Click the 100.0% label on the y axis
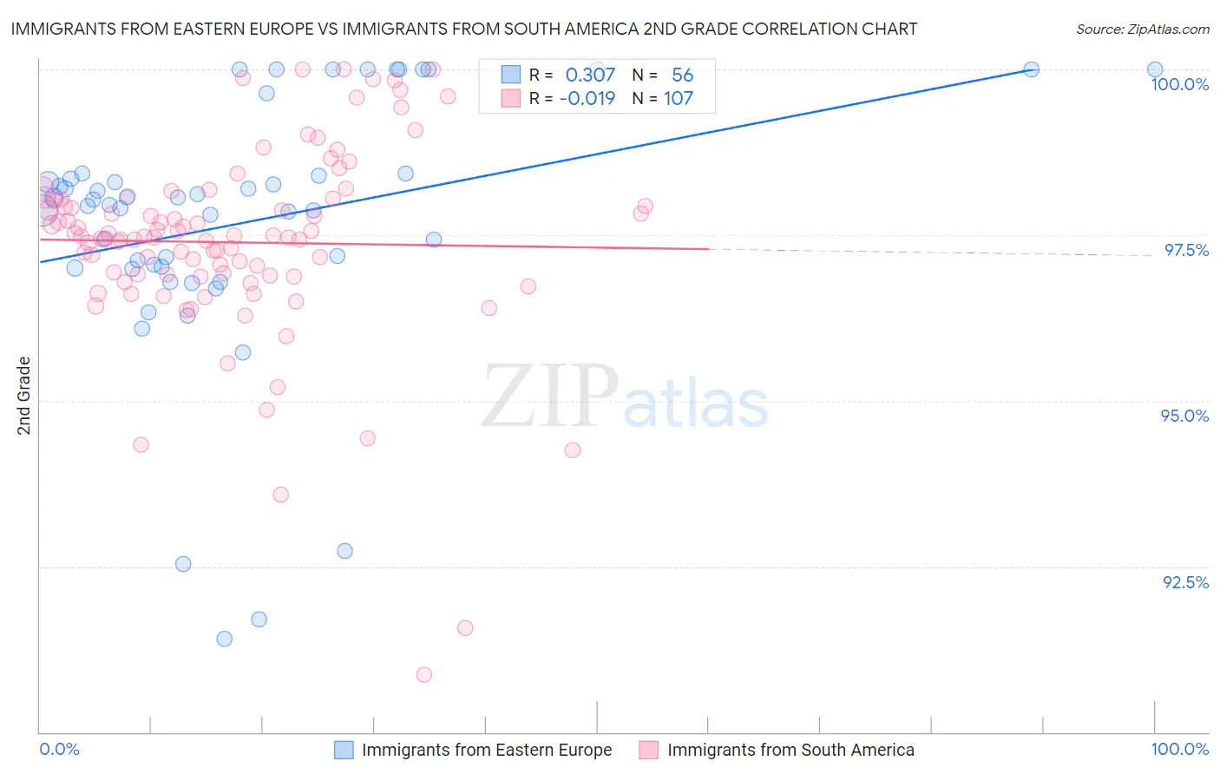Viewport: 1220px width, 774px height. pyautogui.click(x=1179, y=84)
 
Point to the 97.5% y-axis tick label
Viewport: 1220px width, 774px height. pyautogui.click(x=1185, y=250)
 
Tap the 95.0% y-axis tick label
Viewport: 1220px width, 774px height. pyautogui.click(x=1184, y=416)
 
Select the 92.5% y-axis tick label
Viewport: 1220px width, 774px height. pyautogui.click(x=1185, y=582)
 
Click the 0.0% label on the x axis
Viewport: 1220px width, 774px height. pyautogui.click(x=59, y=749)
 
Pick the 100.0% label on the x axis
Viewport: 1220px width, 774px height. pyautogui.click(x=1179, y=749)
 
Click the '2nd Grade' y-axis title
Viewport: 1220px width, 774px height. pyautogui.click(x=24, y=396)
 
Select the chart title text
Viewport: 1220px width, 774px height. pyautogui.click(x=463, y=29)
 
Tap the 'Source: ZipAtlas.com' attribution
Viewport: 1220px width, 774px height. pyautogui.click(x=1142, y=29)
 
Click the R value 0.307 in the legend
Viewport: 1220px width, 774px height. pyautogui.click(x=590, y=75)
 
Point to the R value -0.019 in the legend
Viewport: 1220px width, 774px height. pyautogui.click(x=587, y=98)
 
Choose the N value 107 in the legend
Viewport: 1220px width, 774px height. pyautogui.click(x=679, y=98)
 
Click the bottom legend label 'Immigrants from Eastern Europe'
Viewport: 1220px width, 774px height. pyautogui.click(x=487, y=750)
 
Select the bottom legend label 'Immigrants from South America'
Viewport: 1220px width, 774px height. pyautogui.click(x=790, y=750)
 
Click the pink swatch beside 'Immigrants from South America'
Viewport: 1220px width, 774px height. pyautogui.click(x=649, y=750)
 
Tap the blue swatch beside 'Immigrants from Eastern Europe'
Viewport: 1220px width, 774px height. pyautogui.click(x=344, y=750)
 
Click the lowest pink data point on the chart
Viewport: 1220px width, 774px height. pyautogui.click(x=423, y=674)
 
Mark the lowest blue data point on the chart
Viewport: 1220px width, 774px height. pyautogui.click(x=224, y=639)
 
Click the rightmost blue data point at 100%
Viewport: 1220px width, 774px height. pyautogui.click(x=1154, y=69)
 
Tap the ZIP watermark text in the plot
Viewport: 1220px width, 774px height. pyautogui.click(x=550, y=396)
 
